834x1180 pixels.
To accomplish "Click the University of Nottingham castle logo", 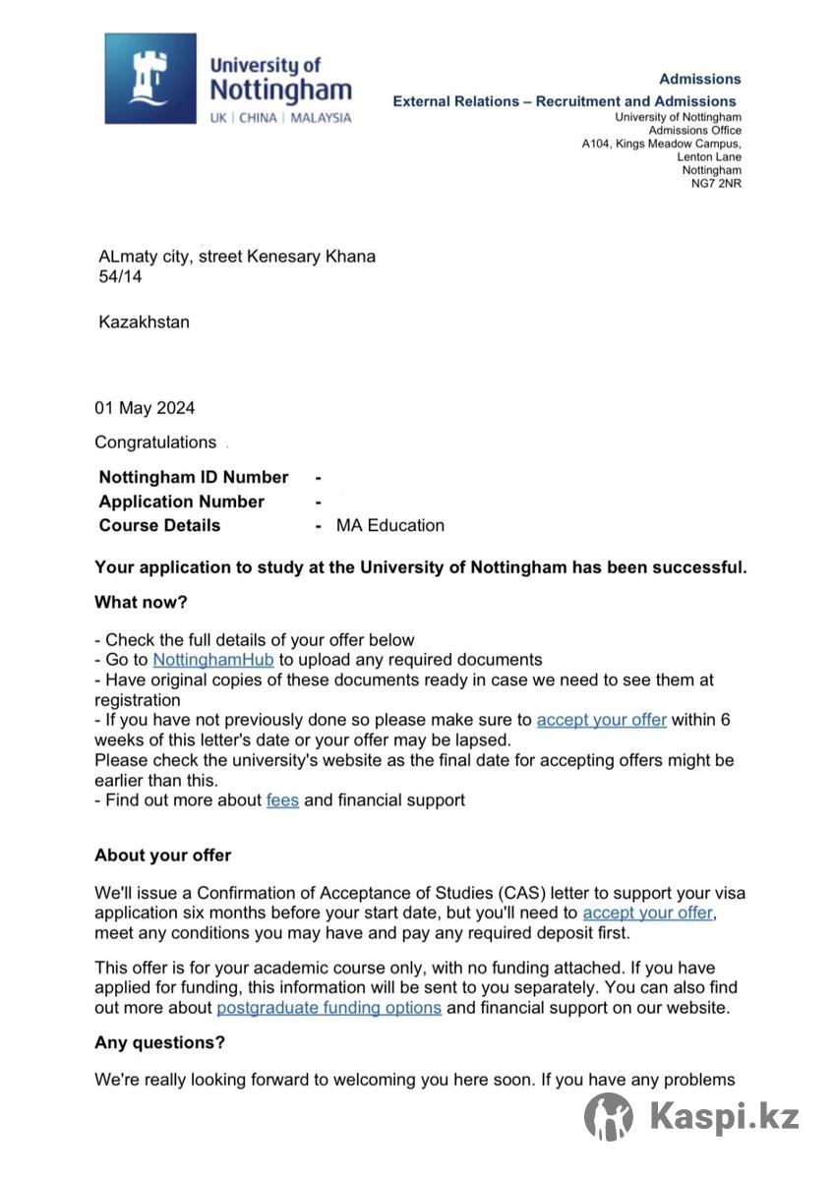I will click(150, 79).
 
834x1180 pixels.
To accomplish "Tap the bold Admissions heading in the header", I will click(699, 79).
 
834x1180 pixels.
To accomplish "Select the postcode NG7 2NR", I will click(717, 184).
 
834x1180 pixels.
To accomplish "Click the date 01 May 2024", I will click(145, 408).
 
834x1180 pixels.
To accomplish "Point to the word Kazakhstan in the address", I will click(145, 322).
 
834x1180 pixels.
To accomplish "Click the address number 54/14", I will click(120, 278).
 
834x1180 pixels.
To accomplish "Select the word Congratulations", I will click(155, 442).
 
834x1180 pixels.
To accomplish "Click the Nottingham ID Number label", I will click(194, 478).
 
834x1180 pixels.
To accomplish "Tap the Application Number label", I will click(182, 501).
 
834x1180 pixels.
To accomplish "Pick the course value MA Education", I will click(390, 525).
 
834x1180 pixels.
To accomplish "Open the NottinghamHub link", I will click(213, 660).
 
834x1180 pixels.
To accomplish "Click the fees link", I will click(282, 800).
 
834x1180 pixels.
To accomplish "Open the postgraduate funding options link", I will click(329, 1008).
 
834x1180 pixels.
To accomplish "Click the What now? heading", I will click(141, 602).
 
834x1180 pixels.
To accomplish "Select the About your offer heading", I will click(163, 855).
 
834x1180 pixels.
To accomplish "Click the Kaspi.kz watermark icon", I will click(609, 1117).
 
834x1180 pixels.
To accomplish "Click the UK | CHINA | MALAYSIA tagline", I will click(280, 118).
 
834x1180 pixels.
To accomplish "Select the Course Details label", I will click(159, 525).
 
